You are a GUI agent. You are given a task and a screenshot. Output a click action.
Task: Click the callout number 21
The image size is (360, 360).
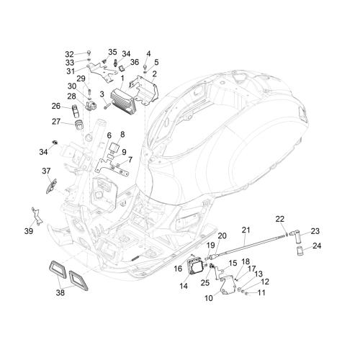(x=246, y=230)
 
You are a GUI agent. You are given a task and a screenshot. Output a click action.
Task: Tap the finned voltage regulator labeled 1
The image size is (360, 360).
(x=123, y=101)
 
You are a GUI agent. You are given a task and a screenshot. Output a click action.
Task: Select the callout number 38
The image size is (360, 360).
(x=60, y=292)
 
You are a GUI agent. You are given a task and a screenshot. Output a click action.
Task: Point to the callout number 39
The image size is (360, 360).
(x=29, y=231)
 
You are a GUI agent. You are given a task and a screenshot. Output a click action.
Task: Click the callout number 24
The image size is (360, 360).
(x=317, y=246)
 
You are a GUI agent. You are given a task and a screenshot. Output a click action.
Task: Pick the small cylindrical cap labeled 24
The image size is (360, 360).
(x=300, y=251)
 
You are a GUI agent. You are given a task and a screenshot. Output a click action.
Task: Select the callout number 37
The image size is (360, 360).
(x=46, y=171)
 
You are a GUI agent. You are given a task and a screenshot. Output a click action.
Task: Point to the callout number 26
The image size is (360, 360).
(x=56, y=106)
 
